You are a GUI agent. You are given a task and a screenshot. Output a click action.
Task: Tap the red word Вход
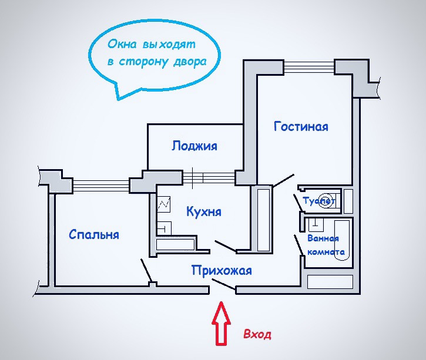point(257,335)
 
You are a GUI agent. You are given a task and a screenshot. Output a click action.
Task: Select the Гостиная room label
point(301,126)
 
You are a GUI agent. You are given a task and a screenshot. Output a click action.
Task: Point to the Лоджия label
point(194,146)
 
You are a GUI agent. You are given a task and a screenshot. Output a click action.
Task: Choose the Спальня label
point(94,234)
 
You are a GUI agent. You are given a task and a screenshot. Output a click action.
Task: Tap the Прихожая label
point(222,271)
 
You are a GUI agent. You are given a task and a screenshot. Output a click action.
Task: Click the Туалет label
point(318,201)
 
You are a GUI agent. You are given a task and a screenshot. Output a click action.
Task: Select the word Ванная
point(323,238)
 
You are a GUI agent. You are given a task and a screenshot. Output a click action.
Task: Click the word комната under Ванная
point(326,251)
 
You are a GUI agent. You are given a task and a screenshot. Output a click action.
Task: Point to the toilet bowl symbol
point(329,198)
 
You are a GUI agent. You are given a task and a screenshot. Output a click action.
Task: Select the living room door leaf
point(284,180)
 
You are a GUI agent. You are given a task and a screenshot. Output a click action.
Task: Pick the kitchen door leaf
point(225,245)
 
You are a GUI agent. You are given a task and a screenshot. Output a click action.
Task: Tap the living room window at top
point(310,66)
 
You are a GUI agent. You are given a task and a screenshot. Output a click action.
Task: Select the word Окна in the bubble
point(122,45)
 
